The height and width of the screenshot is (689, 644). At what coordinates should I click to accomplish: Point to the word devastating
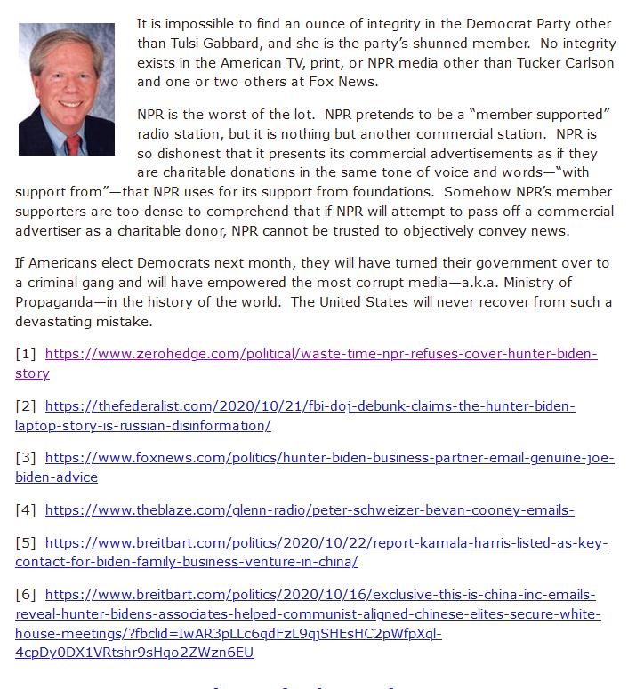pos(58,321)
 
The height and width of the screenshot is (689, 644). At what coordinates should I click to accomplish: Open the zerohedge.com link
pos(320,354)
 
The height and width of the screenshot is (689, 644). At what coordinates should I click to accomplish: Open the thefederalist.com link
pos(310,406)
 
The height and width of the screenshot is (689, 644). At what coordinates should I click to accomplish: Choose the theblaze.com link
pos(310,510)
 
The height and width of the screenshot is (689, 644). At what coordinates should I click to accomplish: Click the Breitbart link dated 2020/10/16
pos(320,595)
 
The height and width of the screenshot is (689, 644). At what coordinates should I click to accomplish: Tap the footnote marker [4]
pos(26,510)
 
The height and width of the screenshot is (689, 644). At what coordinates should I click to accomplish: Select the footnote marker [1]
pos(26,354)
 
